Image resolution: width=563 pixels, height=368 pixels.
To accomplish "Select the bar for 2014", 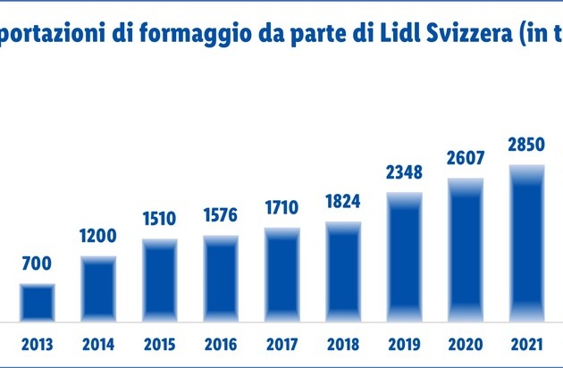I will [x=98, y=289].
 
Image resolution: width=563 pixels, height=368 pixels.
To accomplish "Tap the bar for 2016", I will [x=220, y=278].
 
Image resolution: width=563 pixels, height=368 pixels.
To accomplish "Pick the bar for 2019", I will [x=404, y=256].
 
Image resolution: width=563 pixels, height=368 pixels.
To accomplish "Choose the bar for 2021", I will [x=525, y=242].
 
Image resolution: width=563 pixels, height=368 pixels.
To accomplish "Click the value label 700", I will [x=38, y=263].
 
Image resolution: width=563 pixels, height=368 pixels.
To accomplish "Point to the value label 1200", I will [x=98, y=237].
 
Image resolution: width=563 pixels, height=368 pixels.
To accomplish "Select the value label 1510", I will [x=159, y=219].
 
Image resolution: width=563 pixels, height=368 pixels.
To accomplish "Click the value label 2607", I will [x=465, y=158].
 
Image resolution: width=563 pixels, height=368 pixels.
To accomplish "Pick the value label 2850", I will [x=525, y=145].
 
